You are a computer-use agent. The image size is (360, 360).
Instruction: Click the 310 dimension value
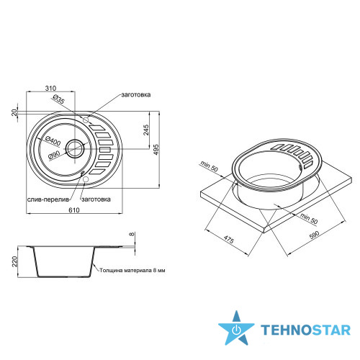point(50,88)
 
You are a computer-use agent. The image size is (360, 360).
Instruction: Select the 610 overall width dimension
point(74,210)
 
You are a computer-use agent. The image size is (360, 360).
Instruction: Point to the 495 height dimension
point(156,150)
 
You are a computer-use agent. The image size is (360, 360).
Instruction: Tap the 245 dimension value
point(146,130)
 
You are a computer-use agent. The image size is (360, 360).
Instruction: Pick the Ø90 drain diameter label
point(54,155)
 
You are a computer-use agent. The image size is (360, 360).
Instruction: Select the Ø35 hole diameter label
point(58,99)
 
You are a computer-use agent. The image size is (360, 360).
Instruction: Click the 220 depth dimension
point(15,261)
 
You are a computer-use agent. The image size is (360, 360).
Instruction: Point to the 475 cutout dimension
point(228,240)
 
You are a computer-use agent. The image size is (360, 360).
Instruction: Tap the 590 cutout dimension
point(315,235)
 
